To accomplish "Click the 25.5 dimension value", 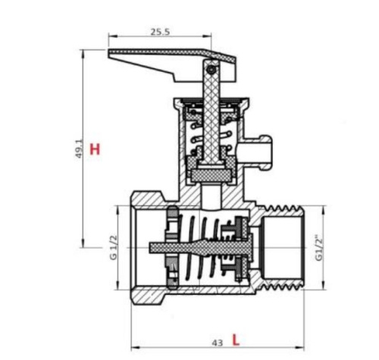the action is pyautogui.click(x=160, y=32).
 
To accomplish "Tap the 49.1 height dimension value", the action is pyautogui.click(x=79, y=149).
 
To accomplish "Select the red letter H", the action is pyautogui.click(x=95, y=149).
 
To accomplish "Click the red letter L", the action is pyautogui.click(x=236, y=340).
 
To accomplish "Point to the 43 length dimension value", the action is pyautogui.click(x=218, y=343).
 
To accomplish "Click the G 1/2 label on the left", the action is pyautogui.click(x=114, y=248).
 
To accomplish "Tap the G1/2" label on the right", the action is pyautogui.click(x=319, y=248).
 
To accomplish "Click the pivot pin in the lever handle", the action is pyautogui.click(x=211, y=70).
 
